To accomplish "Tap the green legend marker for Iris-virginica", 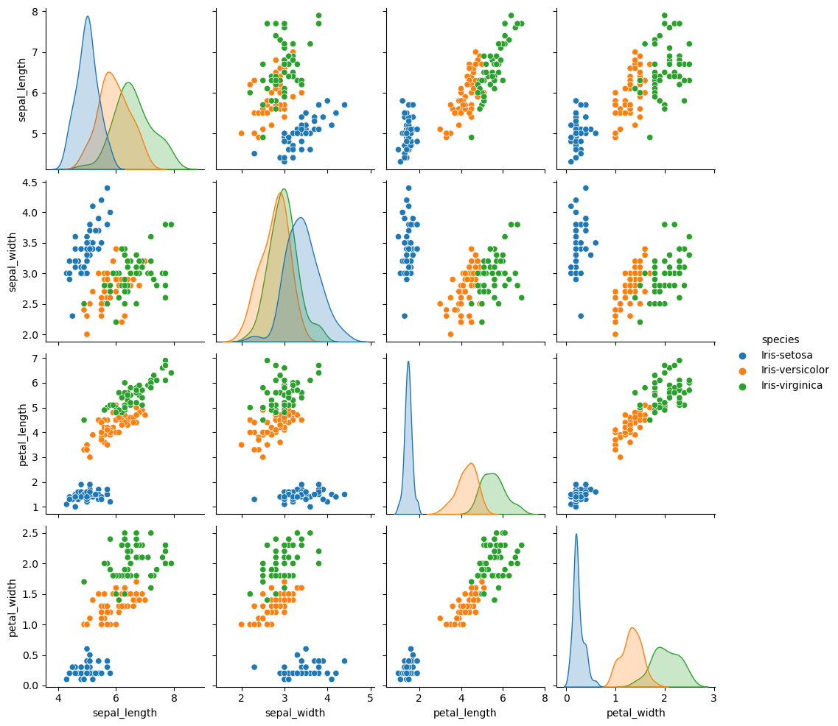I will coord(749,385).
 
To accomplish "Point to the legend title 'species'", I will coord(781,339).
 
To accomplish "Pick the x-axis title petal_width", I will coord(635,713).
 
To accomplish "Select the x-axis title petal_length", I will coord(465,713).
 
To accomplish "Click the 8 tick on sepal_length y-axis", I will coord(38,12).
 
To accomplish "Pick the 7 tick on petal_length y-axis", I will coord(38,358).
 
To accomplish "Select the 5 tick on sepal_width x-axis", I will coord(370,697).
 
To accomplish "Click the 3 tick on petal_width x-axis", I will coord(713,697).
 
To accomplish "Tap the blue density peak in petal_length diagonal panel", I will coord(408,362).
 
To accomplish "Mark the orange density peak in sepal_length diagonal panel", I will coord(109,72).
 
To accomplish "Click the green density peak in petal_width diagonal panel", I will coord(660,648).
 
